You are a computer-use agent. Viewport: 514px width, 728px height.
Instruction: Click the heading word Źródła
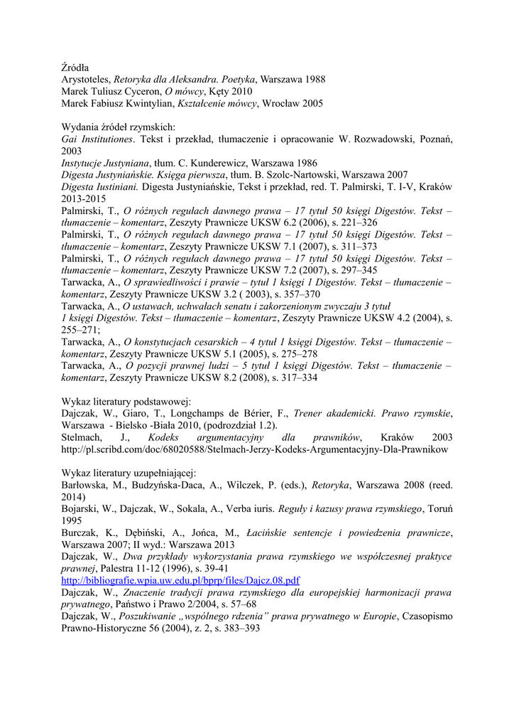75,68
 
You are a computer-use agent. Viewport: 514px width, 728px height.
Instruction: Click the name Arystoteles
86,80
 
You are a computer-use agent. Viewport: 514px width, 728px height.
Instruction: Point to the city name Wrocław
283,103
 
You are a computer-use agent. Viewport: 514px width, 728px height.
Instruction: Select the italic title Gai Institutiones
97,139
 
